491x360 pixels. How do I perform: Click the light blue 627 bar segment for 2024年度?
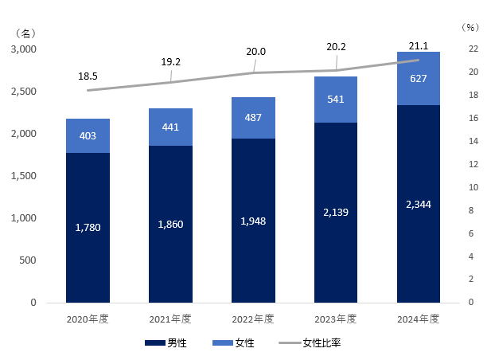pyautogui.click(x=419, y=78)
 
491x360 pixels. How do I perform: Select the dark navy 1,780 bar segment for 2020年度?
pyautogui.click(x=88, y=228)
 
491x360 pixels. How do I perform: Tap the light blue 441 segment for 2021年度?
pyautogui.click(x=170, y=127)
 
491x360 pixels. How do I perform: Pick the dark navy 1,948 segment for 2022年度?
pyautogui.click(x=253, y=221)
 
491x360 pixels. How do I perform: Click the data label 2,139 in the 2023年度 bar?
pyautogui.click(x=336, y=213)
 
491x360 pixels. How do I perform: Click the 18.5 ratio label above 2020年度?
pyautogui.click(x=88, y=76)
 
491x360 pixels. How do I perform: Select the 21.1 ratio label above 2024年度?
pyautogui.click(x=419, y=45)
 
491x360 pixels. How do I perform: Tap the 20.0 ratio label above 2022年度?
pyautogui.click(x=255, y=52)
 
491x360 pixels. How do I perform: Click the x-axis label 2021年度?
pyautogui.click(x=170, y=319)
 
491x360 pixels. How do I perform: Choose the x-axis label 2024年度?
pyautogui.click(x=419, y=319)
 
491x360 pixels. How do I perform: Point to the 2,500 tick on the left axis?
pyautogui.click(x=22, y=92)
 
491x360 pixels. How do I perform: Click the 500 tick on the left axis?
pyautogui.click(x=27, y=260)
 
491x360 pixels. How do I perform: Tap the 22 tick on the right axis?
pyautogui.click(x=471, y=49)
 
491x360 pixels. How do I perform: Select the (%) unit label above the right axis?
pyautogui.click(x=470, y=27)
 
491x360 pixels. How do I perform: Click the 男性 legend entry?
pyautogui.click(x=177, y=343)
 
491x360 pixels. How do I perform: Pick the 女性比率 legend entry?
pyautogui.click(x=321, y=343)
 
